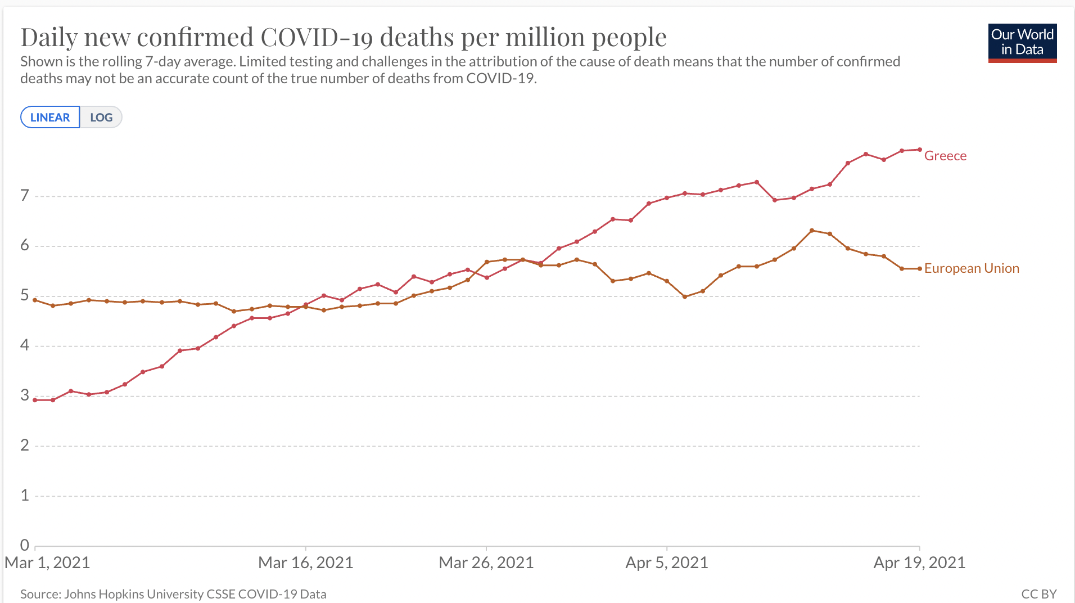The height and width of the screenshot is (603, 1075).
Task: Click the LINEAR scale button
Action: click(x=50, y=117)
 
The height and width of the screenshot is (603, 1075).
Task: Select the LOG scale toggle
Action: click(x=101, y=117)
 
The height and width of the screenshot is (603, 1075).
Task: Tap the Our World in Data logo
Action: click(x=1022, y=42)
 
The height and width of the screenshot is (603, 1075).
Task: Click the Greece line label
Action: click(x=945, y=156)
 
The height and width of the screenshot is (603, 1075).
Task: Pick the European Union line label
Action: click(x=972, y=268)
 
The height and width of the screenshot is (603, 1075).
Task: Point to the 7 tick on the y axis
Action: click(x=24, y=195)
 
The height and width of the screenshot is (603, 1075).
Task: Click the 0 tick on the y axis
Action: click(x=24, y=544)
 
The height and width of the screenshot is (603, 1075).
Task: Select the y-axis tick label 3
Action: click(x=24, y=395)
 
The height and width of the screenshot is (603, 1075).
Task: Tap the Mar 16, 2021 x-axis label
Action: click(x=305, y=562)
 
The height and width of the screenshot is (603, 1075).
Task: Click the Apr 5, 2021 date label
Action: click(x=667, y=562)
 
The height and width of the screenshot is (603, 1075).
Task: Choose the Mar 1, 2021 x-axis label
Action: click(x=47, y=562)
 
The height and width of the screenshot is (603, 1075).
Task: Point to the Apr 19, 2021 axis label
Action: click(x=919, y=562)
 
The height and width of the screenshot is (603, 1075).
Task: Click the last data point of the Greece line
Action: click(x=920, y=150)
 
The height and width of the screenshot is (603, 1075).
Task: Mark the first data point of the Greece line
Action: click(x=35, y=400)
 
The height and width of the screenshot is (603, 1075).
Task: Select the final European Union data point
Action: click(x=920, y=269)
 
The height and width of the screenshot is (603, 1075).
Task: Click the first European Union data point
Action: click(x=35, y=300)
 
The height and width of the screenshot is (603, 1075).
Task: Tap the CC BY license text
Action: click(x=1038, y=594)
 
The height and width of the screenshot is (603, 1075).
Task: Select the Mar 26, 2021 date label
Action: click(x=486, y=562)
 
